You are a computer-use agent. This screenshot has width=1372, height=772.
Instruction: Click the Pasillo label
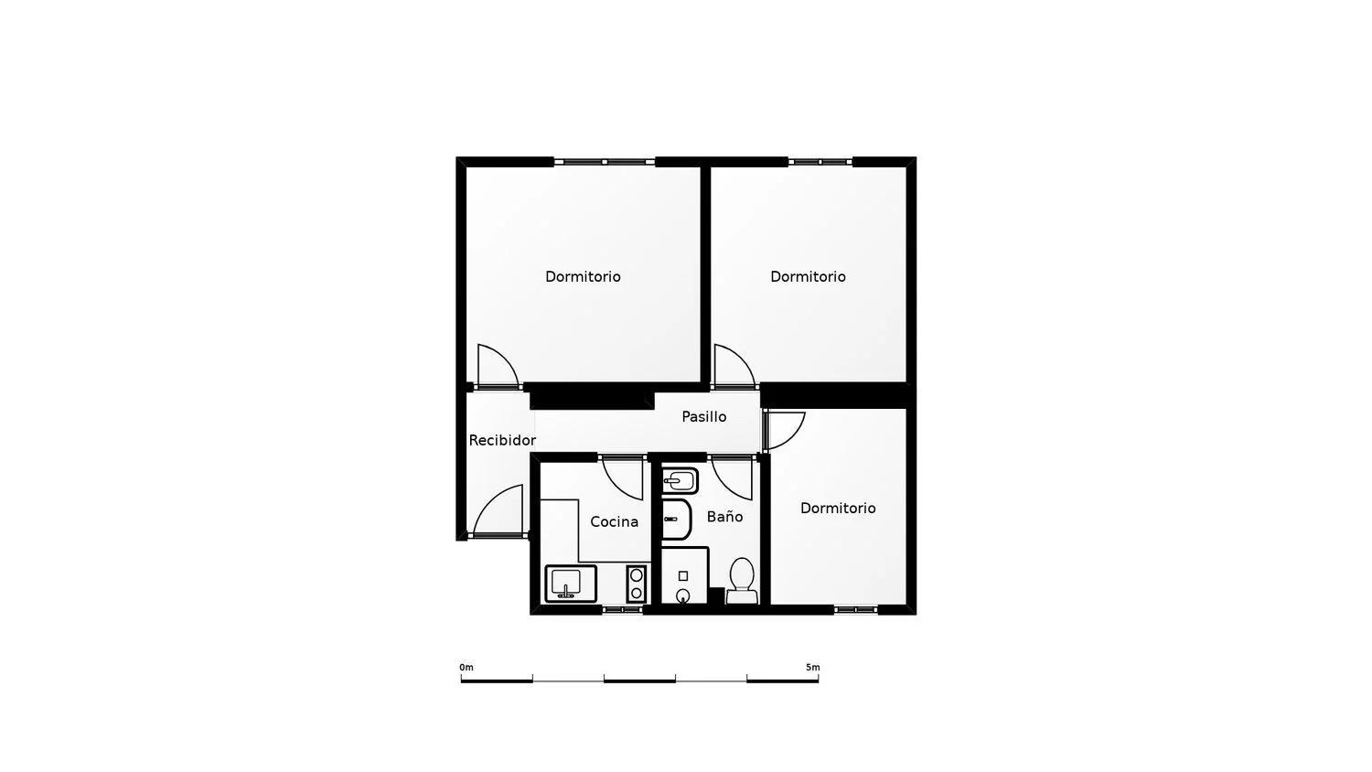(703, 416)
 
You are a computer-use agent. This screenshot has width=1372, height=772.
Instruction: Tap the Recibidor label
(502, 440)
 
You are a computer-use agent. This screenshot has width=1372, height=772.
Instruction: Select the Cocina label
(614, 521)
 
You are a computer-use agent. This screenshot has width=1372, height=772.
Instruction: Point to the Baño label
(724, 517)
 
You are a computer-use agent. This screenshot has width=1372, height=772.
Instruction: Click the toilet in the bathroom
(742, 580)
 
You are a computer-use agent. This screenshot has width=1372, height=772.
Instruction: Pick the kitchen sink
(571, 584)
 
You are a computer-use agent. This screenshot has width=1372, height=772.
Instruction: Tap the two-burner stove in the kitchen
(637, 584)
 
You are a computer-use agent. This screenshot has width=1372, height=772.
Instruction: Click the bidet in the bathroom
(680, 481)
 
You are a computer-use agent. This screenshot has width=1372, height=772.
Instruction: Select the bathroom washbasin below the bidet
(676, 520)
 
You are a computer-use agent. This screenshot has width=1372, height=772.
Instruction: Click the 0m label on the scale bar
(466, 667)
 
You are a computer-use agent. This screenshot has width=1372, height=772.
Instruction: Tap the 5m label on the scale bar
(813, 667)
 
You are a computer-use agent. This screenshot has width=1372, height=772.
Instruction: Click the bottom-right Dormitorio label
(837, 508)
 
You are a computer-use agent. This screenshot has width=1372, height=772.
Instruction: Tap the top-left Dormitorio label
(583, 276)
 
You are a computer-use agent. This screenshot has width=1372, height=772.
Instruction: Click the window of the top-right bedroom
(820, 162)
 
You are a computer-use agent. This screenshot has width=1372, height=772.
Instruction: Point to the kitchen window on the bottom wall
(622, 609)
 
